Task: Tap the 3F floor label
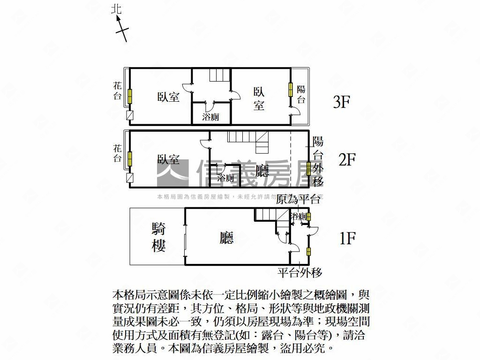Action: (342, 102)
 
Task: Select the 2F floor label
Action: (347, 159)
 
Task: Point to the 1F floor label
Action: (347, 239)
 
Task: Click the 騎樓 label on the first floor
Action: (158, 237)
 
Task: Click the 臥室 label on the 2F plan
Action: (168, 159)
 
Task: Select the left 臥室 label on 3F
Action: (168, 97)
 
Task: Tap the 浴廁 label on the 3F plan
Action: (210, 117)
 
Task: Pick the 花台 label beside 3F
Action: (117, 91)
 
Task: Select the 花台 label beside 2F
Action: (117, 153)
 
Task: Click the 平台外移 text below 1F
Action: (300, 272)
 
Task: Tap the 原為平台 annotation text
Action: (298, 199)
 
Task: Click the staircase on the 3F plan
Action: (220, 75)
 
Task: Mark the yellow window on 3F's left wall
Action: (130, 96)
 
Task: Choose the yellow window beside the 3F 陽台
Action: (290, 90)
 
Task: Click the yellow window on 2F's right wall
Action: (309, 168)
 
